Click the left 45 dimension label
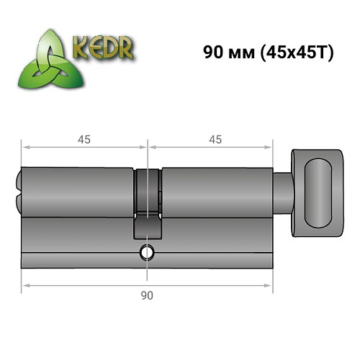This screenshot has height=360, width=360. pos(84,140)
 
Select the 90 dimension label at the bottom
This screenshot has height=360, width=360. pos(148,295)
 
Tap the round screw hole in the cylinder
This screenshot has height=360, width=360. pos(148,253)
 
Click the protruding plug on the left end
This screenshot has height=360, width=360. pos(18,191)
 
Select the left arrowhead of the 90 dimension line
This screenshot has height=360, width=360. pos(24,287)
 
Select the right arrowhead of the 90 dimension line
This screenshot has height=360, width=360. pos(271,287)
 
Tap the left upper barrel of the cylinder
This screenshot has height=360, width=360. pos(79,191)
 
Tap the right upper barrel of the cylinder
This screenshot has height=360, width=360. pos(216,191)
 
